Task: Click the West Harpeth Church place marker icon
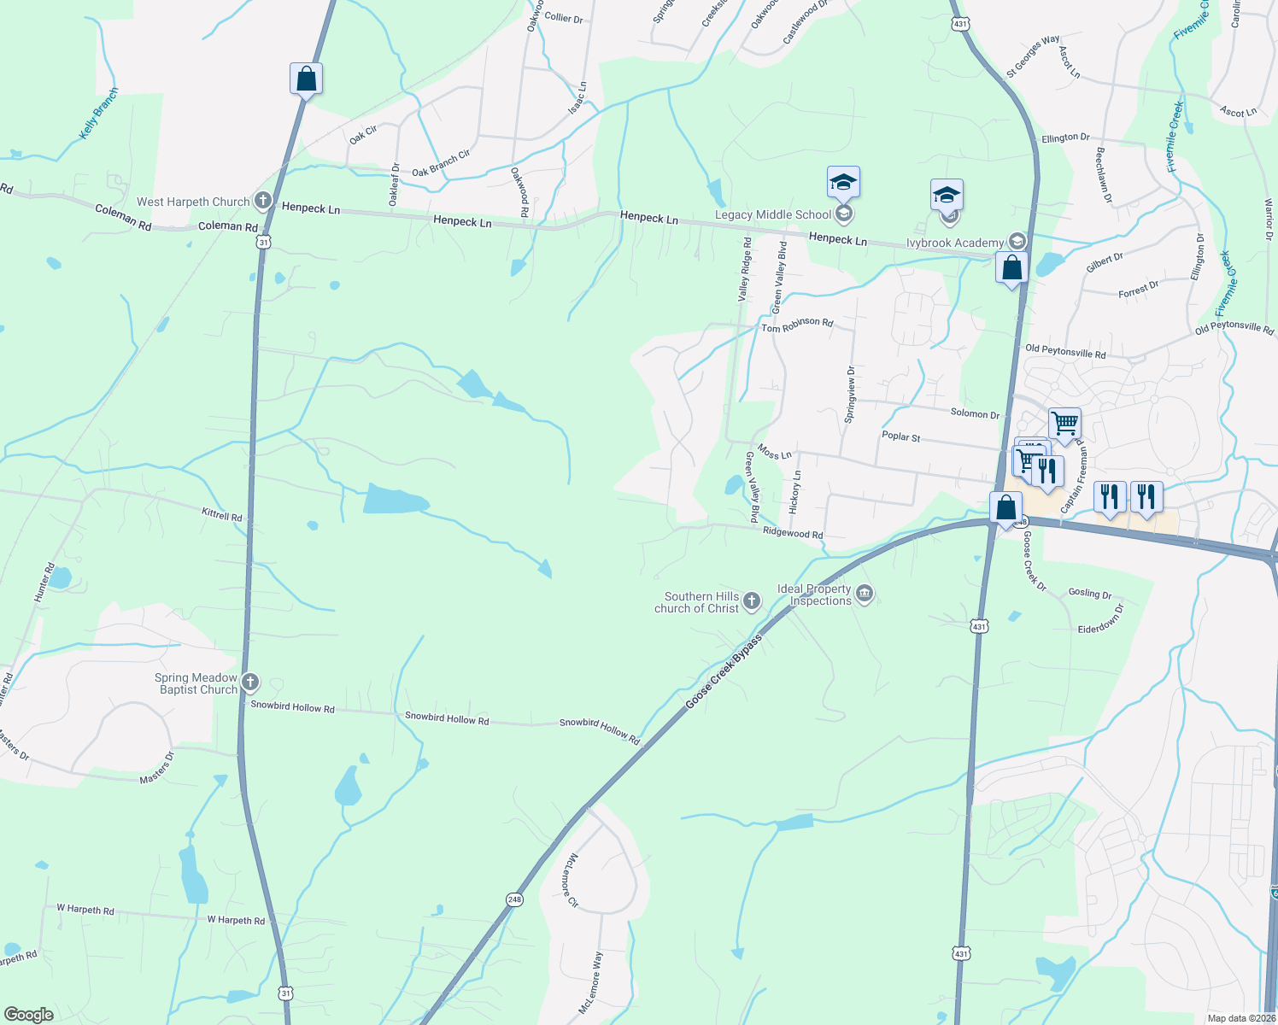point(263,202)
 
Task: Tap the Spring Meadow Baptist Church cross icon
point(249,682)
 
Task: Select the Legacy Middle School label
point(772,214)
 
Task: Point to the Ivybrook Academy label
point(954,243)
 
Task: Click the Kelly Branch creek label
point(99,114)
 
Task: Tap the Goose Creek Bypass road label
point(724,671)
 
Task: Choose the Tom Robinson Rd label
point(796,325)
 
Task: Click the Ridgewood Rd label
point(793,533)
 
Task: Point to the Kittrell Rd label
point(222,515)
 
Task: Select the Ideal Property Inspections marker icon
point(865,594)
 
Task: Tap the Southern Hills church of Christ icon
point(752,601)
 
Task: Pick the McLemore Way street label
point(591,982)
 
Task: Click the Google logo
point(28,1015)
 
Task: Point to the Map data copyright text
point(1241,1018)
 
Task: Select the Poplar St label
point(900,436)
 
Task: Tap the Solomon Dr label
point(975,413)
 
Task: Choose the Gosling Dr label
point(1090,593)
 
